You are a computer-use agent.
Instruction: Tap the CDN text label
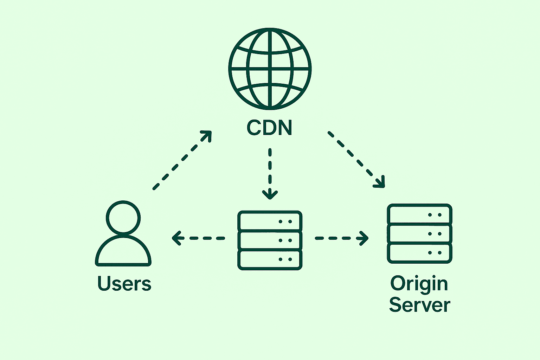pos(269,127)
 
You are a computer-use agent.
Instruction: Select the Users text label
pos(124,283)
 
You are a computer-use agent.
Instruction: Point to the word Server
pos(420,305)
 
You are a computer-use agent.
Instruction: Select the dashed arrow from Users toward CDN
pos(182,160)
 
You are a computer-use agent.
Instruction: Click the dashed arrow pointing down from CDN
pos(270,174)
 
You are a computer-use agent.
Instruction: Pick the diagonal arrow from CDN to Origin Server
pos(356,160)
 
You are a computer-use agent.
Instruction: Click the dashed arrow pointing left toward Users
pos(198,238)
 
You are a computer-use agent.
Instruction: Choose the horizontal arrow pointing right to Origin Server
pos(342,238)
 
